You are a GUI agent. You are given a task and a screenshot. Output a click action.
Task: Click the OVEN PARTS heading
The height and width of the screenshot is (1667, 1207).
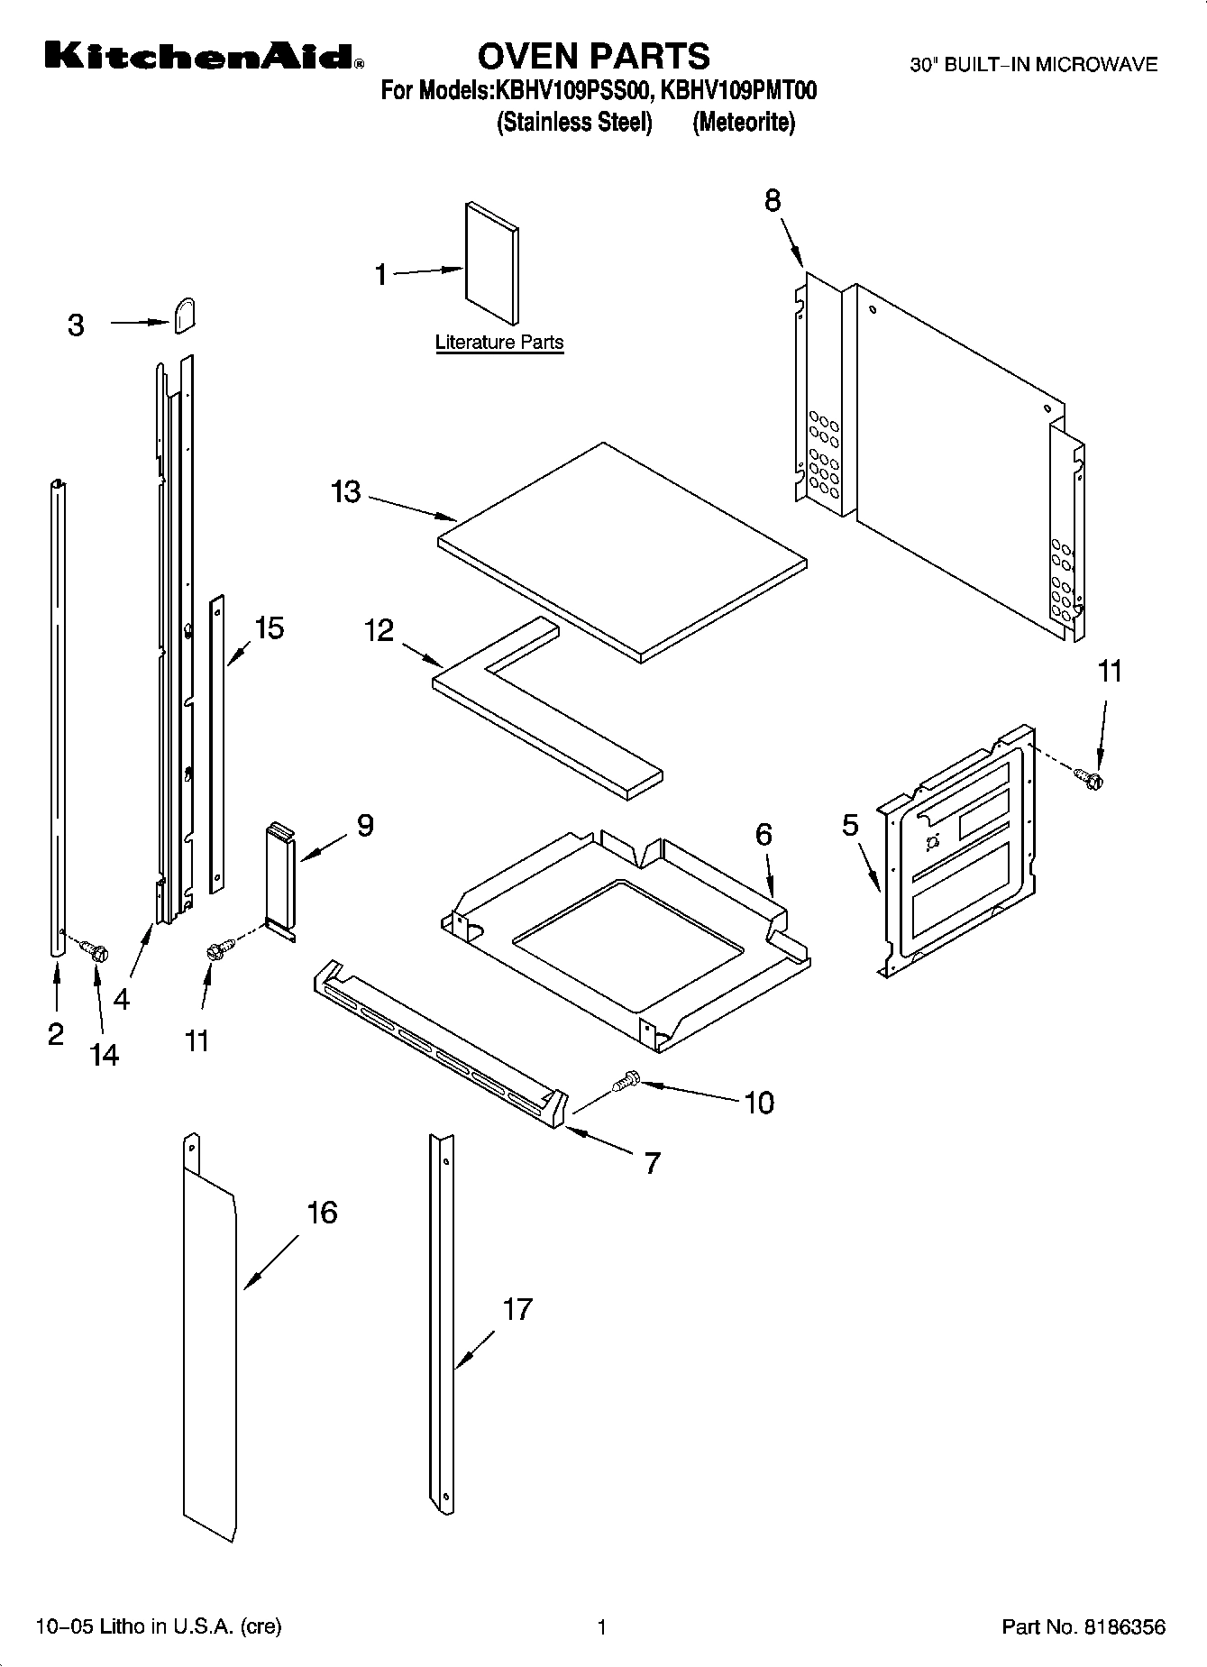593,56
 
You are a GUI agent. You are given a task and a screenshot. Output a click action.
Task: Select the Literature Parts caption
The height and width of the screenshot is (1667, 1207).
499,343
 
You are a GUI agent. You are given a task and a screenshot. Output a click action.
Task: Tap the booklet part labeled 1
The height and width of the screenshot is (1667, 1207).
492,262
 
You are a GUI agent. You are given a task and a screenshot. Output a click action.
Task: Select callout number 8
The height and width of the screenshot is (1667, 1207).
773,200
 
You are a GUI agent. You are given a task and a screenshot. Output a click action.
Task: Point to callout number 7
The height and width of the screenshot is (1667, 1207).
652,1162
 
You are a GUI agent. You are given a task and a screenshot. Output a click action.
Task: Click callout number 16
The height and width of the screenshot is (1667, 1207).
322,1213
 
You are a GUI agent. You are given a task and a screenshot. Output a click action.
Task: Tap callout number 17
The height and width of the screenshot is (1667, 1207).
517,1309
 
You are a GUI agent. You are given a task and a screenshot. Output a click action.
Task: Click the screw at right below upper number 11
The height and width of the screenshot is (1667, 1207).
1089,775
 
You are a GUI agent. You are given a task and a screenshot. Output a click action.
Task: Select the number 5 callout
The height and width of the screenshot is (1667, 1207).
850,825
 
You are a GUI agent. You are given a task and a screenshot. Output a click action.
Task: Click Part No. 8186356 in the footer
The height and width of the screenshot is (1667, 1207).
1084,1627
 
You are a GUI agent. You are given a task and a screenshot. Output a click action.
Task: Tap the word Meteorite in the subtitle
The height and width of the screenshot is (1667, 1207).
744,123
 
